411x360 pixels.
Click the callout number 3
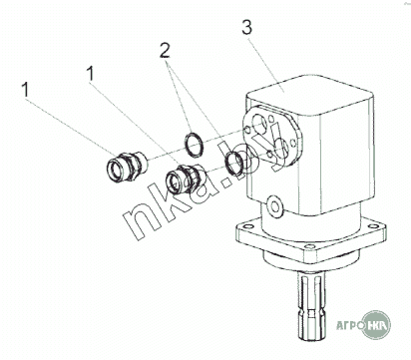[x=247, y=28]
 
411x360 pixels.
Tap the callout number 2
[x=165, y=51]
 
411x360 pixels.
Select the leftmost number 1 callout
[x=25, y=90]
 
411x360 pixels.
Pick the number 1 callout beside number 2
[x=90, y=73]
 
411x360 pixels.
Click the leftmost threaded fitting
[x=125, y=167]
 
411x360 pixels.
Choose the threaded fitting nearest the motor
[x=185, y=179]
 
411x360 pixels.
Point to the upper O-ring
[x=194, y=145]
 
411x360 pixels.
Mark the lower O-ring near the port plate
[x=235, y=163]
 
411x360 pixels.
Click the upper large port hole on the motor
[x=259, y=125]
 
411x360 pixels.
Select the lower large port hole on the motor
[x=280, y=149]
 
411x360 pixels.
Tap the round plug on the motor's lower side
[x=275, y=206]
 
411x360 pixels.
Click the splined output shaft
[x=313, y=306]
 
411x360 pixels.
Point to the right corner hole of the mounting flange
[x=372, y=226]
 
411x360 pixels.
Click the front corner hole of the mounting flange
[x=309, y=246]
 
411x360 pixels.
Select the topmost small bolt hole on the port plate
[x=271, y=118]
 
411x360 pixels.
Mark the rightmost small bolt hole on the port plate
[x=292, y=143]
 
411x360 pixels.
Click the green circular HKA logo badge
[x=376, y=325]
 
